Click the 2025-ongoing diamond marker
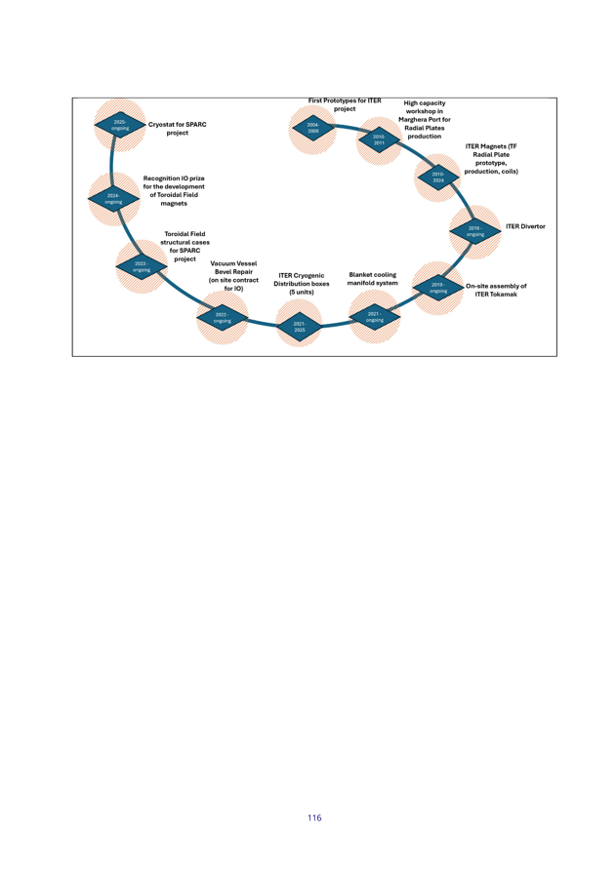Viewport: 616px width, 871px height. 120,125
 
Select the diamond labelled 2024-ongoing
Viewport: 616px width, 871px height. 113,198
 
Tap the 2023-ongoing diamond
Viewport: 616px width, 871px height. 142,265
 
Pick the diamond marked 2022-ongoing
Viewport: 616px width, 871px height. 222,317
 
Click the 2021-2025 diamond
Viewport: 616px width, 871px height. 300,326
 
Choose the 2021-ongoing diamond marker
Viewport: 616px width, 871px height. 375,316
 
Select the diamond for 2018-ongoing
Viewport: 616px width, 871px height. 475,231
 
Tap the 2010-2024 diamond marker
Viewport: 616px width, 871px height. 438,178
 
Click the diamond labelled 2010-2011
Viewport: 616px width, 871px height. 380,140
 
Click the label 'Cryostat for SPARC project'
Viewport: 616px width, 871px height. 178,129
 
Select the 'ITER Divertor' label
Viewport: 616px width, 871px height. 525,226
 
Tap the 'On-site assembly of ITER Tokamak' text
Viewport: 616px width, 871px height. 495,291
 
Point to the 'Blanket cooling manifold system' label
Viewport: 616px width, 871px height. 372,279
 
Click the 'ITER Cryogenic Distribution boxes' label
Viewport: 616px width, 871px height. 301,283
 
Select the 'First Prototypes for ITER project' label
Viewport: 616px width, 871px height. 345,104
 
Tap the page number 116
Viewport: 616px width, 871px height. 313,817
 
